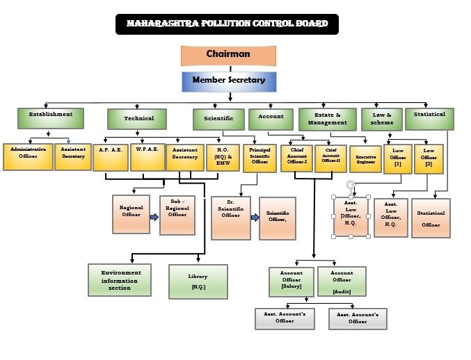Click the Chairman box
click(228, 55)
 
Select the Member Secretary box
click(228, 81)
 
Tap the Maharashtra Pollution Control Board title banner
click(227, 24)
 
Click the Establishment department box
click(50, 117)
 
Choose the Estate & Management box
click(327, 119)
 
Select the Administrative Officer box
click(28, 156)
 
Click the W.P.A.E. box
click(147, 157)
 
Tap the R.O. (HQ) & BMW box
click(223, 157)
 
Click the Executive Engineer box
click(365, 158)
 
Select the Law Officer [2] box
click(429, 158)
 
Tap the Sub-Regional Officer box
click(178, 214)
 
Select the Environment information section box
click(120, 279)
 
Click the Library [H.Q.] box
click(198, 281)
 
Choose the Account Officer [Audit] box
click(342, 282)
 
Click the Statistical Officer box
click(431, 218)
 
